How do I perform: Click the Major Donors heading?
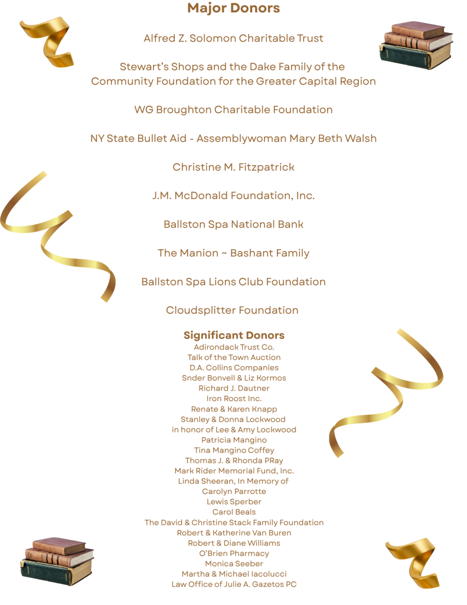233,8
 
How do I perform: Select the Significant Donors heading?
234,335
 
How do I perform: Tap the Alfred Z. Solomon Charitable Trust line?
233,38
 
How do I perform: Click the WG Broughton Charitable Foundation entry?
233,110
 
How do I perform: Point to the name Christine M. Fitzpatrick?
233,167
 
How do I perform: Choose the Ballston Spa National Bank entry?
233,225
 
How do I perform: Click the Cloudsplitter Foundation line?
232,310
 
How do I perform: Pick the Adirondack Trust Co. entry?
234,347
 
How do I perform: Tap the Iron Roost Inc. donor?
234,399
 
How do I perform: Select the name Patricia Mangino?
234,440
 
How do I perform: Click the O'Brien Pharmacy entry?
234,554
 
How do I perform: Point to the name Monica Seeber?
234,564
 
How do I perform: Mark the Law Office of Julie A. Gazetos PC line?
234,584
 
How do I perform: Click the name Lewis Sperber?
234,502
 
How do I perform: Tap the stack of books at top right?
416,45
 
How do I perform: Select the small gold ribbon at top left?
47,41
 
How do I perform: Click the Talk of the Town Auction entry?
234,357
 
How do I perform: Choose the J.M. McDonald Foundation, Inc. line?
233,196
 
